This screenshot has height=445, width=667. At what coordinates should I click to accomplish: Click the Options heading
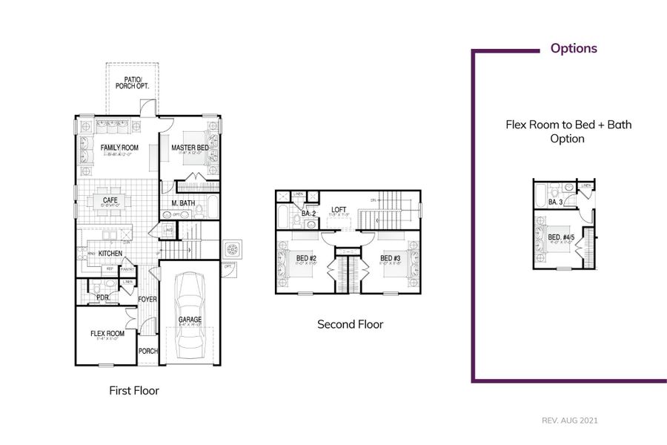[x=573, y=49]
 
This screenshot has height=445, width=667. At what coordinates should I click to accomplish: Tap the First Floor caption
[x=134, y=390]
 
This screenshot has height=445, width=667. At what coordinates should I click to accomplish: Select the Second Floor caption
[x=351, y=324]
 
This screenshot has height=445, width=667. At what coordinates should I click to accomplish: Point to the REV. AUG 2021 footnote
[x=569, y=421]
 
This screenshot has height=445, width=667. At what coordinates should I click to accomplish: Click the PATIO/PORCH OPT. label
[x=133, y=82]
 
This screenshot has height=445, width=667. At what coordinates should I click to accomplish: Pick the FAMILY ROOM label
[x=119, y=148]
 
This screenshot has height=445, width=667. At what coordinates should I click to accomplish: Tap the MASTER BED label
[x=190, y=148]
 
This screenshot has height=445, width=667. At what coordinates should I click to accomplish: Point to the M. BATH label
[x=183, y=203]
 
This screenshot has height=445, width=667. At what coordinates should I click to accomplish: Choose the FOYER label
[x=148, y=300]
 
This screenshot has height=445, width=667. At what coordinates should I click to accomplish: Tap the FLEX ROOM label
[x=107, y=334]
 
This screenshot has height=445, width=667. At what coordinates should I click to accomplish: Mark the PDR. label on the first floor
[x=103, y=297]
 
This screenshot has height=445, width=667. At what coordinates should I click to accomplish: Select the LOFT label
[x=339, y=209]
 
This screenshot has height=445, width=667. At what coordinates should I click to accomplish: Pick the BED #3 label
[x=391, y=258]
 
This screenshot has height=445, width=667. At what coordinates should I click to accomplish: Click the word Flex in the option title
[x=517, y=125]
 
